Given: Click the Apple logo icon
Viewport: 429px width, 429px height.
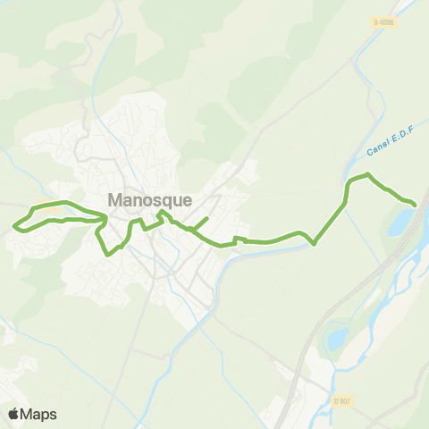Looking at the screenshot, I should (x=13, y=414).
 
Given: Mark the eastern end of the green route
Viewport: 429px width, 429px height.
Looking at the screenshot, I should (x=415, y=204).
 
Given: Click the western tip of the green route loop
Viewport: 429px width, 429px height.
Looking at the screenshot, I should (x=13, y=224).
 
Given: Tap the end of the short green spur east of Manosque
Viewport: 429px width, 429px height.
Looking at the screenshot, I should (x=207, y=218).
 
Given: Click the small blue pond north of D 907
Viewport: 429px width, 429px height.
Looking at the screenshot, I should (x=337, y=338).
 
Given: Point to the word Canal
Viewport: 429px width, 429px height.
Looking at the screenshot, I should (x=376, y=146).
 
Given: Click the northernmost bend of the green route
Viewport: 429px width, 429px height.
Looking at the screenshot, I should (x=364, y=175).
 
